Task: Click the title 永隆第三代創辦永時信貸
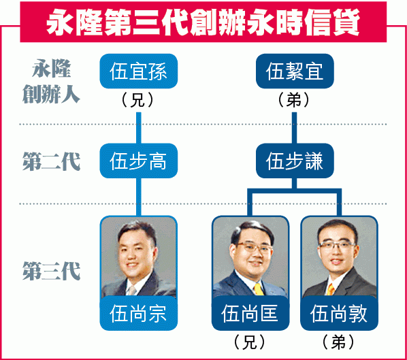tap(203, 22)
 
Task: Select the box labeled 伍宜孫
tap(139, 71)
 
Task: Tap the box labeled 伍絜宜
tap(295, 71)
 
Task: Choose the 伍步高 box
tap(139, 161)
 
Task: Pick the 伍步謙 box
tap(295, 161)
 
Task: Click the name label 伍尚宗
tap(139, 313)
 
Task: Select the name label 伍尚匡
tap(250, 313)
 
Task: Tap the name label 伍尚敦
tap(339, 313)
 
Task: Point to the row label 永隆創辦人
tap(51, 81)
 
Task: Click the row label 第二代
tap(51, 161)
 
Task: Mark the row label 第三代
tap(51, 271)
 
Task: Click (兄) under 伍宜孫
tap(137, 99)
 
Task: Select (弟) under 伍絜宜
tap(294, 99)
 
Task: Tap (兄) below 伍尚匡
tap(250, 342)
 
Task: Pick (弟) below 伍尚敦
tap(338, 342)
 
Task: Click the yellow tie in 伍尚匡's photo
tap(259, 289)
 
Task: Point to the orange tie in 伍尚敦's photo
tap(331, 289)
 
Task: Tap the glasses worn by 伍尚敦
tap(338, 245)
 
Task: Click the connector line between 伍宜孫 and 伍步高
tap(139, 128)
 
